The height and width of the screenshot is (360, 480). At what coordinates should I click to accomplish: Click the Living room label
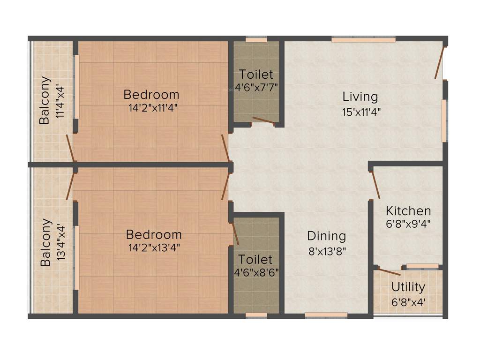pos(360,97)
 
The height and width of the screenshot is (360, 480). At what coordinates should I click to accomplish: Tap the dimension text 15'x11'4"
pos(360,112)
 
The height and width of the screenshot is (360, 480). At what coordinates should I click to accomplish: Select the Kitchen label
pos(408,210)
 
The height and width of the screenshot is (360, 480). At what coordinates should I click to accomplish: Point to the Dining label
pos(326,236)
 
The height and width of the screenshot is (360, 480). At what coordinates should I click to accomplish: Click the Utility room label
pos(408,287)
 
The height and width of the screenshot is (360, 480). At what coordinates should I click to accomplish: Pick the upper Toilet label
pos(255,74)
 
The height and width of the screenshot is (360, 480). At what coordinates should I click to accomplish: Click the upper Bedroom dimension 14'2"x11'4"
pos(153,107)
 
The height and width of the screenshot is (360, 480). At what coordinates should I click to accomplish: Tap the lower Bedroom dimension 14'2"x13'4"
pos(154,247)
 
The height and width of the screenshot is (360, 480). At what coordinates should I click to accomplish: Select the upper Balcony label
pos(44,100)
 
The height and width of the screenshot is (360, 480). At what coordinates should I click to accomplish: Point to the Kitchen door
pos(375,185)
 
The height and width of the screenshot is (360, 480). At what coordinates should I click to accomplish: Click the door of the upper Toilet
pos(263,121)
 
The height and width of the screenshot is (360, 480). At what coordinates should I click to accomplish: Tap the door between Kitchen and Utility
pos(390,271)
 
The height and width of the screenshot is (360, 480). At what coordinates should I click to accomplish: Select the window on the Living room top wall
pos(363,40)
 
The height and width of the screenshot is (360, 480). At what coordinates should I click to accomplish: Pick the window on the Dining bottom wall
pos(326,315)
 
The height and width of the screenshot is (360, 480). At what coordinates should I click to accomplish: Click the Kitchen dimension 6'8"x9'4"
pos(408,224)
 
